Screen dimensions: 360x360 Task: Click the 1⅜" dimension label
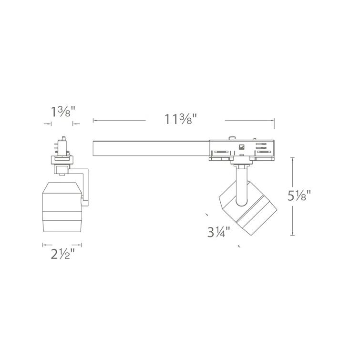(x=63, y=113)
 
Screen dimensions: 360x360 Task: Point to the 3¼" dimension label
(x=219, y=233)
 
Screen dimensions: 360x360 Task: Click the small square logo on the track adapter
(x=242, y=146)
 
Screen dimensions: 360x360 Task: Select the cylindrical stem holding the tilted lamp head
(x=242, y=186)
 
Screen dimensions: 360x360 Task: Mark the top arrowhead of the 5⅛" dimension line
(x=292, y=159)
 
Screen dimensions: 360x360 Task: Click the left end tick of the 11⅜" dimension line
(x=93, y=121)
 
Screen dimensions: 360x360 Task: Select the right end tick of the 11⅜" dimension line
(x=274, y=121)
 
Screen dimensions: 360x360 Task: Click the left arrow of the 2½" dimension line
(x=43, y=246)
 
